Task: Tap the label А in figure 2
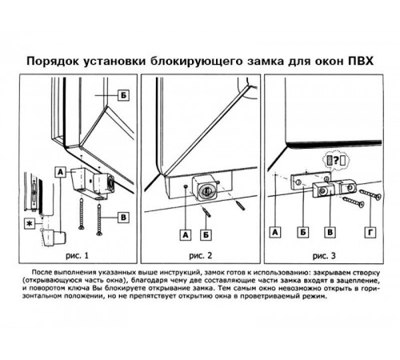[x=186, y=234]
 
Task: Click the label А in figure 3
[x=275, y=232]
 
